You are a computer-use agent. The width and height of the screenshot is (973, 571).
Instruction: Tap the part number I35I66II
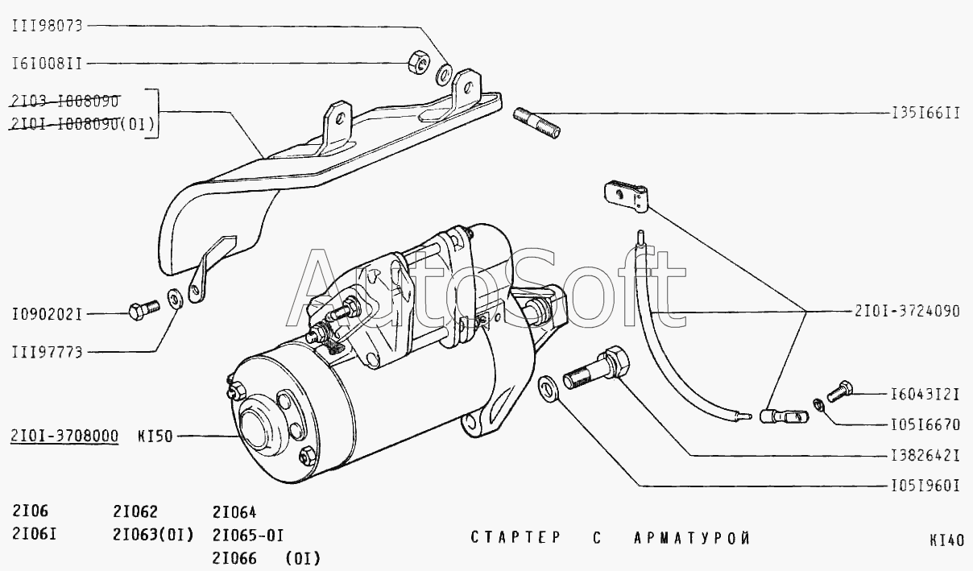925,114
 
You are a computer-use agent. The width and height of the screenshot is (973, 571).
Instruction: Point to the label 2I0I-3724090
907,311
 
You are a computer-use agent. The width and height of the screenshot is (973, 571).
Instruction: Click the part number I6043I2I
925,395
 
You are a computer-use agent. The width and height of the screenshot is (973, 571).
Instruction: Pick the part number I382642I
925,455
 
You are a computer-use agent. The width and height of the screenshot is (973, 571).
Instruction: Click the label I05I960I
925,486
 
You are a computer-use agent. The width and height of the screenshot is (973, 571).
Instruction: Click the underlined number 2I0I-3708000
65,437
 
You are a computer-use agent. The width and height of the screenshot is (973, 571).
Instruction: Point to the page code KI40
946,540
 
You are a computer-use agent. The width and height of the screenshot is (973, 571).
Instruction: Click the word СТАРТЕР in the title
515,538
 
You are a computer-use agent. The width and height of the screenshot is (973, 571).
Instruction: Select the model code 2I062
135,512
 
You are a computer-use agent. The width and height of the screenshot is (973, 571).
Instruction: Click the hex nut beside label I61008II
417,60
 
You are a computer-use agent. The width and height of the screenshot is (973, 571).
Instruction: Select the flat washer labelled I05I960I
549,387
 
